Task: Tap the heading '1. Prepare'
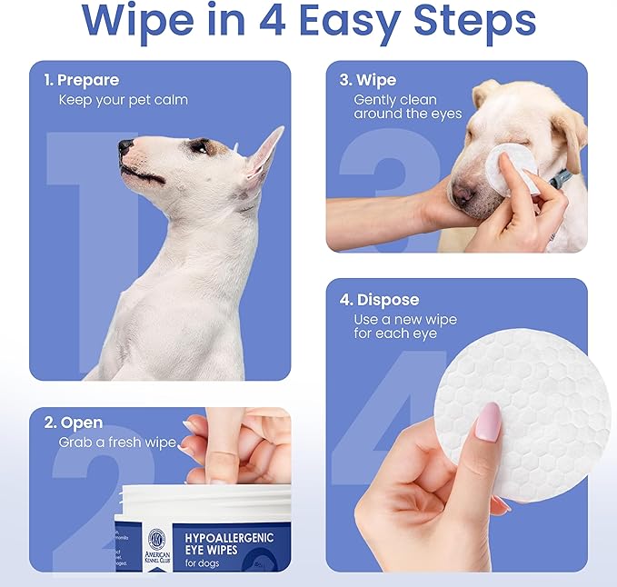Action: point(82,80)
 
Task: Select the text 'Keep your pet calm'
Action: point(123,99)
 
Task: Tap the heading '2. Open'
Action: point(74,423)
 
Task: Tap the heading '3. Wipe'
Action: point(369,80)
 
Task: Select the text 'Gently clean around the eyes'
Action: point(407,106)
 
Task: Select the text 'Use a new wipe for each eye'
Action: point(404,326)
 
